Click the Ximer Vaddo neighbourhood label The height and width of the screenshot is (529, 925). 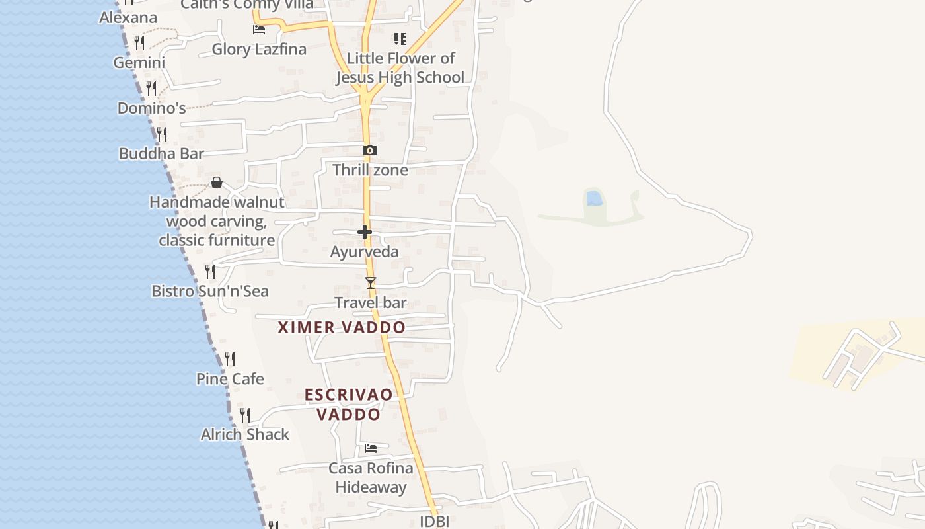pos(342,327)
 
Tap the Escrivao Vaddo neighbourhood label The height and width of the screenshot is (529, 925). pos(348,404)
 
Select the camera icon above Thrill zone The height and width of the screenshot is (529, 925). pos(370,151)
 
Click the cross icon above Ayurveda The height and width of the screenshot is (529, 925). pos(364,232)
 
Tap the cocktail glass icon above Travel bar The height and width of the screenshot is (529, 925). pos(371,283)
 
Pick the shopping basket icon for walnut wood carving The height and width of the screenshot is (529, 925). pos(216,183)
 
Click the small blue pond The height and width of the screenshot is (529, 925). pos(593,198)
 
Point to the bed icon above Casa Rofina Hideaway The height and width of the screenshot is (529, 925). pos(371,448)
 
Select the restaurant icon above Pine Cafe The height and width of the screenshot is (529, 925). pos(230,359)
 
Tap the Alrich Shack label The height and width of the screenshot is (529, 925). pos(245,434)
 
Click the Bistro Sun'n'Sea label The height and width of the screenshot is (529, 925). pos(210,291)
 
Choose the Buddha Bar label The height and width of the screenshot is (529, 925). pos(161,153)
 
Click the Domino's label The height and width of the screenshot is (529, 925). pos(151,108)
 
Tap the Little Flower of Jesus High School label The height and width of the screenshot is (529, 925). pos(400,67)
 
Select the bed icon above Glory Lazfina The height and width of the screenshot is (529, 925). pos(259,30)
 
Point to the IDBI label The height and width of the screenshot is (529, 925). pos(435,521)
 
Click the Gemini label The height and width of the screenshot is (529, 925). pos(139,63)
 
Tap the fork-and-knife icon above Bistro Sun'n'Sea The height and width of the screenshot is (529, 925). pos(210,271)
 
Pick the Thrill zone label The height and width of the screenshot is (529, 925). pos(370,170)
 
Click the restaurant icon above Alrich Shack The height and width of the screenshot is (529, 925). pos(245,415)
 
